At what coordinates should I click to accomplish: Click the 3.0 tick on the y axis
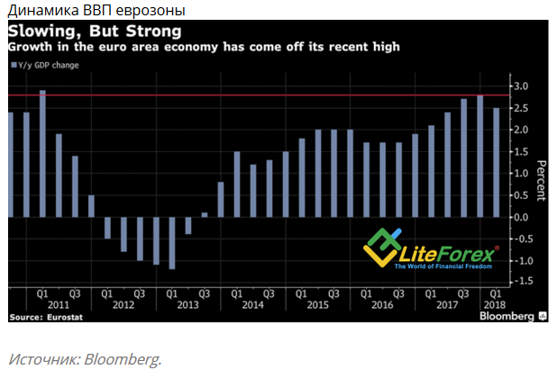[x=522, y=86]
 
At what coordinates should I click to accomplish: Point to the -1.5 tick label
[x=520, y=282]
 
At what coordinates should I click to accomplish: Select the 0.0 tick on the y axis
[x=522, y=217]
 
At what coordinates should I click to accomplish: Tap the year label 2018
[x=494, y=305]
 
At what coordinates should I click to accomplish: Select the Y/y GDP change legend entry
[x=44, y=65]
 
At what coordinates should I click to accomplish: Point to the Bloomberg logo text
[x=506, y=317]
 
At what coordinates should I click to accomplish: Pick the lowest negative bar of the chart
[x=171, y=243]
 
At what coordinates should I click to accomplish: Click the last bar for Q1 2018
[x=496, y=162]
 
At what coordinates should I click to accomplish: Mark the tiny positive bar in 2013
[x=204, y=214]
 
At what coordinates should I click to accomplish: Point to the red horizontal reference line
[x=270, y=95]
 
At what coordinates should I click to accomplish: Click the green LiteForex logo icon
[x=380, y=243]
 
